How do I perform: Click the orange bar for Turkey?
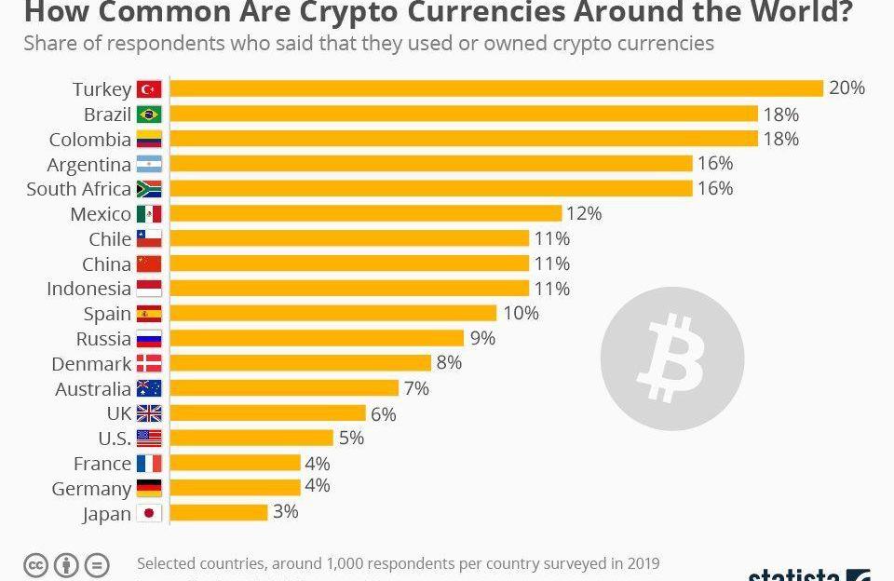coord(496,88)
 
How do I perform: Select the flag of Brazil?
coord(149,115)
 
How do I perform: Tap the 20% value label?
coord(847,88)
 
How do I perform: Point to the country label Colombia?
coord(90,140)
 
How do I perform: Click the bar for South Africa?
coord(431,189)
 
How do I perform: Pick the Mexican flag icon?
coord(149,214)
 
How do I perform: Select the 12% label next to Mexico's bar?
coord(584,214)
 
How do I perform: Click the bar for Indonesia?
coord(349,289)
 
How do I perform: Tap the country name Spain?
coord(107,314)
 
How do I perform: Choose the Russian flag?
coord(149,339)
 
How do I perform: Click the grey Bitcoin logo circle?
coord(672,358)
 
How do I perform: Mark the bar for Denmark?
coord(301,363)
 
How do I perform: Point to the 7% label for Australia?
coord(416,388)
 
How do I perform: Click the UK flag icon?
coord(149,413)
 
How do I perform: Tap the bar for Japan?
coord(219,513)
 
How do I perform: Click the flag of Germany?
coord(149,488)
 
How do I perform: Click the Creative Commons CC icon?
coord(36,564)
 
